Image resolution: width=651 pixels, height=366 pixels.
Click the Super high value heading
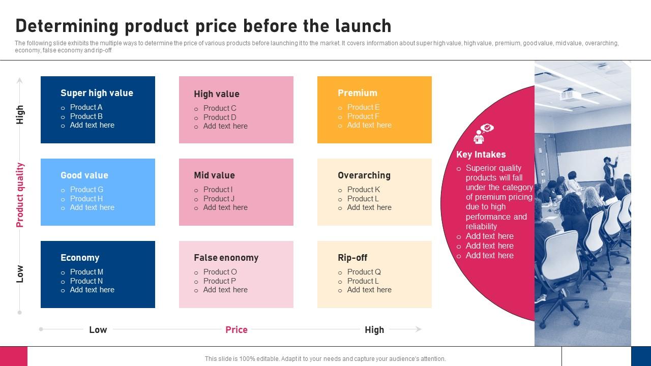(x=97, y=93)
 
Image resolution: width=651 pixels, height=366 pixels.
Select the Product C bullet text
(x=220, y=108)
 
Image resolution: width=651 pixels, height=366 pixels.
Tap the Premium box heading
(x=358, y=93)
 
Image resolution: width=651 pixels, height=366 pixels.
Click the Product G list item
(x=86, y=190)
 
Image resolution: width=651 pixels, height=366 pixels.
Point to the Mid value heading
(x=214, y=175)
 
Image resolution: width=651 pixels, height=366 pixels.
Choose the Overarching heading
(x=364, y=175)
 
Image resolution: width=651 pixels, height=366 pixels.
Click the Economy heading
(x=80, y=258)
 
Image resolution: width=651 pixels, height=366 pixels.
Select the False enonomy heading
(x=226, y=258)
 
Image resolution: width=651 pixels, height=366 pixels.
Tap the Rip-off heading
(x=352, y=258)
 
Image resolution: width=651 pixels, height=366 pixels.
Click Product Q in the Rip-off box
(x=364, y=272)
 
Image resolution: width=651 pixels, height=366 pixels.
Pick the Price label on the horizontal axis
(x=236, y=330)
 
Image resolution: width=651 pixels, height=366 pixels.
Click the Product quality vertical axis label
(x=20, y=195)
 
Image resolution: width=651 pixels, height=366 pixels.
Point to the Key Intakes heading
(x=481, y=155)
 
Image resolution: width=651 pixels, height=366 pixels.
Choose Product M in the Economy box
(x=86, y=272)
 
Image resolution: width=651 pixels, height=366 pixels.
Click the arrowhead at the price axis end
(x=419, y=329)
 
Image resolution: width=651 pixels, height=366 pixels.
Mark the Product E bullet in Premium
(x=363, y=107)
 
